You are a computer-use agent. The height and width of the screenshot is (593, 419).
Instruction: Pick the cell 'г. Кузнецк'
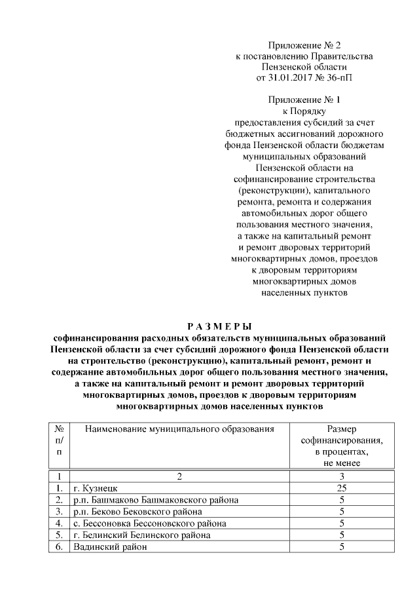(x=96, y=488)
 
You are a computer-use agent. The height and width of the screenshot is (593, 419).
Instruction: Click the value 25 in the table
(x=341, y=488)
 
